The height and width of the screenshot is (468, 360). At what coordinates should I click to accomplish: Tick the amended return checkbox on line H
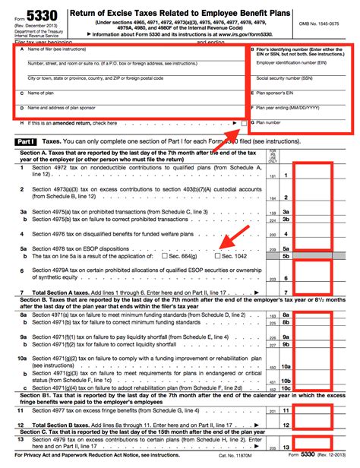click(243, 122)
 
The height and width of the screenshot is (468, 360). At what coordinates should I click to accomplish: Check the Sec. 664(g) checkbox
click(166, 257)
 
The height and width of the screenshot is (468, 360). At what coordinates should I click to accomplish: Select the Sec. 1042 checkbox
click(216, 257)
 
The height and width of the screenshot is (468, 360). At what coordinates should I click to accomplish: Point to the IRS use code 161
click(272, 175)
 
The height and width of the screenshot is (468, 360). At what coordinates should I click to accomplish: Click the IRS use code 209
click(272, 248)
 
